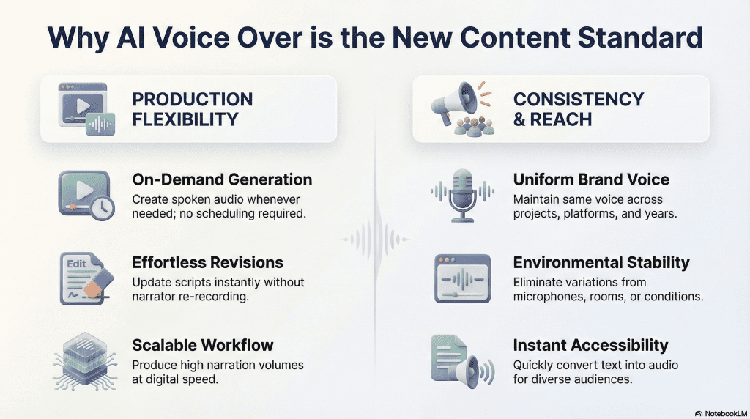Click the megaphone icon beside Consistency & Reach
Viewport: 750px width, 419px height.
(454, 103)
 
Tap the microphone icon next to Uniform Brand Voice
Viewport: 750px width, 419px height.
(463, 195)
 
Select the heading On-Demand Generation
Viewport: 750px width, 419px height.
(222, 179)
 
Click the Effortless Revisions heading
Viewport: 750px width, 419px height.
(207, 262)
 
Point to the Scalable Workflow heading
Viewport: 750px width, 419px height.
(203, 345)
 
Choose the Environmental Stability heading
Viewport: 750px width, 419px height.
(601, 262)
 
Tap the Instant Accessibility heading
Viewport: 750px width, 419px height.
(591, 345)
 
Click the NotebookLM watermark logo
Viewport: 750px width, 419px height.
(721, 414)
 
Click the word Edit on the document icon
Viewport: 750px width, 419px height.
(76, 264)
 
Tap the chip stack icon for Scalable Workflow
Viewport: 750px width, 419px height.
(85, 361)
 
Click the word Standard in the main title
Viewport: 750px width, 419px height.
(640, 37)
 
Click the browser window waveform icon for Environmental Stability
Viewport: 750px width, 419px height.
(463, 278)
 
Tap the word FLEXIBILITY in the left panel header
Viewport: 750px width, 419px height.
(185, 119)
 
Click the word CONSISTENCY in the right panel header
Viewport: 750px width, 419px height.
(579, 99)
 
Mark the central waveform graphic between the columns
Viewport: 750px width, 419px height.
(375, 239)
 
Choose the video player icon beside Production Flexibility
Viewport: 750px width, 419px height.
(86, 109)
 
